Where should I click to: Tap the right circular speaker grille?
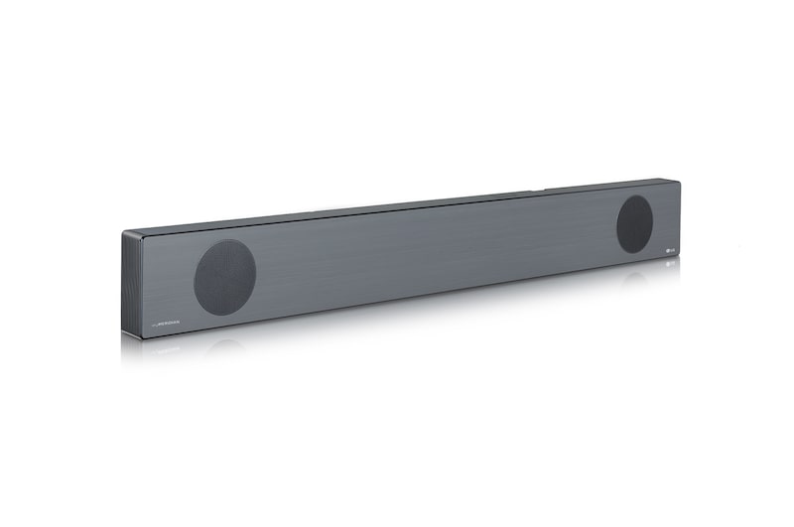634,223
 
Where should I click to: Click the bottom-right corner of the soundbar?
679,266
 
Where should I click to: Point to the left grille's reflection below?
224,347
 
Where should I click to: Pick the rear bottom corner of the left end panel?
122,328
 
